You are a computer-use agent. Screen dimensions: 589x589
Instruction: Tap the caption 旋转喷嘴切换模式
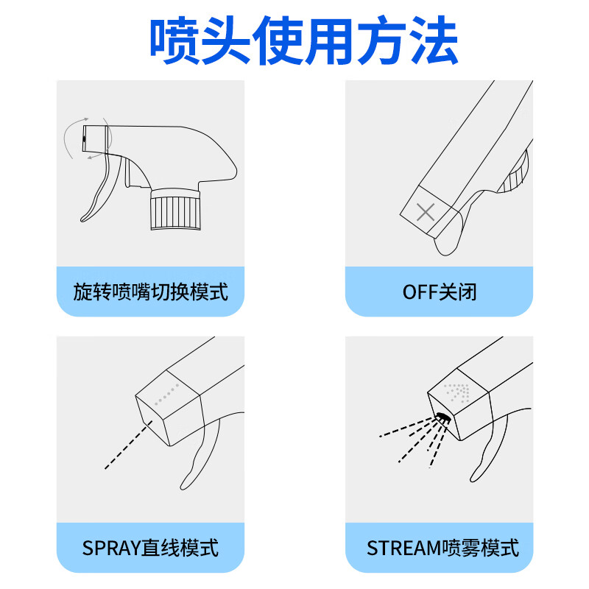coord(150,292)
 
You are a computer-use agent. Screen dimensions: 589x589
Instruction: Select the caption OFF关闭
coord(440,292)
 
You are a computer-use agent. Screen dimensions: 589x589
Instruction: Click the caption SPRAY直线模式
coord(150,548)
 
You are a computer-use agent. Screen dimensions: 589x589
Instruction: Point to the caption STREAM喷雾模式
coord(442,548)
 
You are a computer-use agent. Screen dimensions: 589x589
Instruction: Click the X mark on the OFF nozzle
coord(426,214)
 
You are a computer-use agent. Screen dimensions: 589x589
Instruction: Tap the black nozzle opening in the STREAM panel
coord(443,417)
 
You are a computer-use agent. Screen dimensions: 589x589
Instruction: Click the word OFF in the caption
coord(420,292)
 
